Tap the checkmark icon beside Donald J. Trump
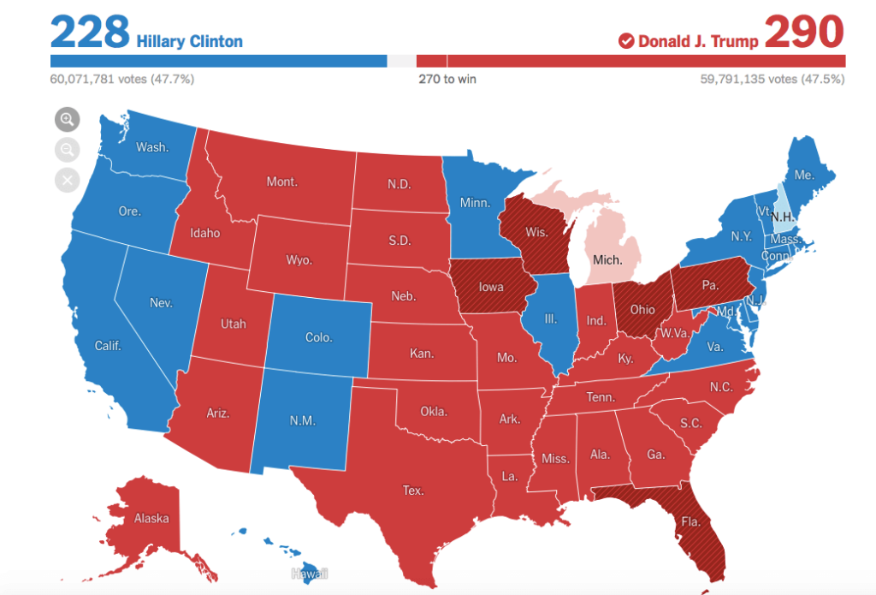(x=625, y=41)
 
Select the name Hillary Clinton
(x=189, y=41)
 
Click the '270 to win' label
(x=447, y=80)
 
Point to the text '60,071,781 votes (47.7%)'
(x=122, y=80)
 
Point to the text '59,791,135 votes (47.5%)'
(x=772, y=80)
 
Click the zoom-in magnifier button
(x=67, y=120)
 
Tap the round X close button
(x=67, y=180)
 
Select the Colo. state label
(x=318, y=337)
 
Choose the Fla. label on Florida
(x=690, y=519)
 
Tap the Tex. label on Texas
(x=413, y=491)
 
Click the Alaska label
(x=151, y=518)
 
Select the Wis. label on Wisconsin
(x=536, y=232)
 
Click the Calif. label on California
(x=108, y=345)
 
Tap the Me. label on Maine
(x=803, y=175)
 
